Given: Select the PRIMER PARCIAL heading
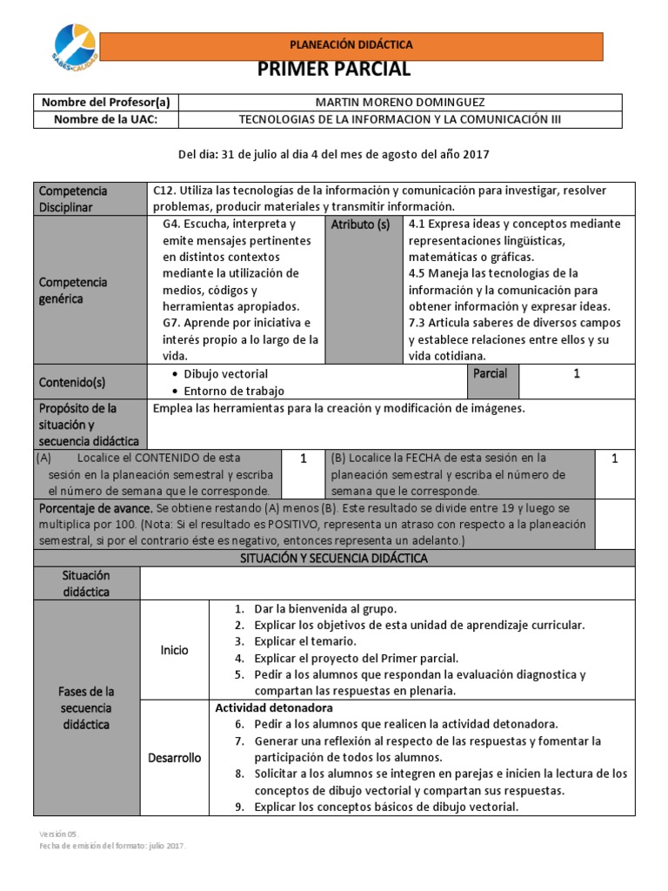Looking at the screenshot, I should coord(334,70).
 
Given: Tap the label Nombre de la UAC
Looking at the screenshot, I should coord(105,119).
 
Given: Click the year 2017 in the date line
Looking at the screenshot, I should coord(476,155).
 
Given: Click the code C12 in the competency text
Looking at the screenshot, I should coord(164,191).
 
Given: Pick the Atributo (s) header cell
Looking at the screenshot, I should coord(359,224).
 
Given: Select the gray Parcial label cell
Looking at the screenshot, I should coord(490,373).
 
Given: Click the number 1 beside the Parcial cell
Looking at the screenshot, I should coord(576,373).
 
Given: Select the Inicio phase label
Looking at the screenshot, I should coord(174,650).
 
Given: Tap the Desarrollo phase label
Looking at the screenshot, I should coord(174,757).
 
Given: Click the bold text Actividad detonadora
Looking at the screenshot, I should coord(273,707).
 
